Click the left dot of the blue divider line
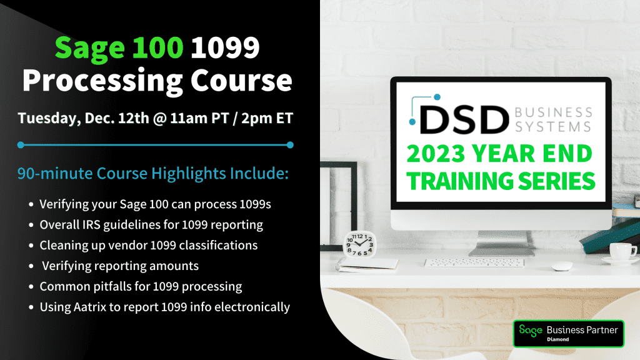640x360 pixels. (x=21, y=145)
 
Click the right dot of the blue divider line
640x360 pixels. (x=290, y=145)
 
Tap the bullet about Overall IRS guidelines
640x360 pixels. (x=151, y=224)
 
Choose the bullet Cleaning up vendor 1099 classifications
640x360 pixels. (x=149, y=245)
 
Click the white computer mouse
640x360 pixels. (x=562, y=265)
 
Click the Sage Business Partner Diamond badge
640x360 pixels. (x=568, y=333)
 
